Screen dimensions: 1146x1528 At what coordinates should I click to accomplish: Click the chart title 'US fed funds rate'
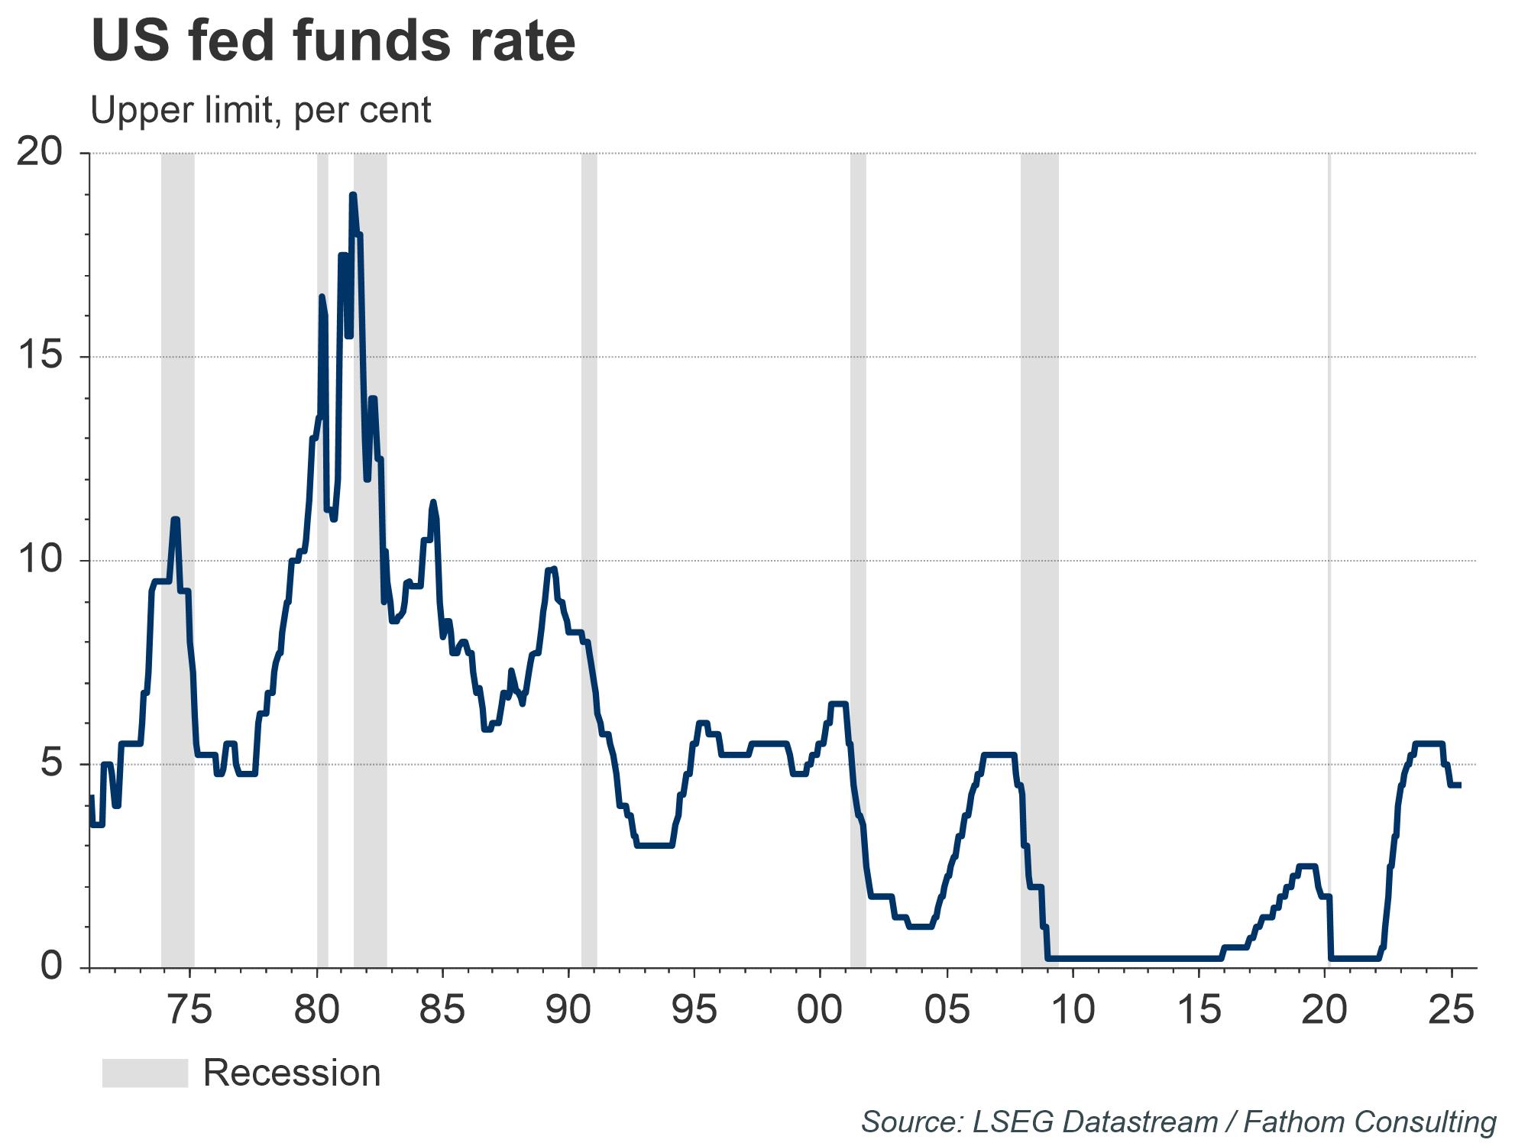click(x=333, y=41)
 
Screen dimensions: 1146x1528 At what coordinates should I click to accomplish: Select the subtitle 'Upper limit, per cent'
click(x=261, y=110)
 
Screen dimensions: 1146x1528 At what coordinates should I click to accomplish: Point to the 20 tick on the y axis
click(x=39, y=153)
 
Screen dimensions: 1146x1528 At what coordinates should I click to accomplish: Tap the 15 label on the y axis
click(x=39, y=357)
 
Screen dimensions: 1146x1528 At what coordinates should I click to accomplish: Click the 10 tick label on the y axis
click(x=39, y=560)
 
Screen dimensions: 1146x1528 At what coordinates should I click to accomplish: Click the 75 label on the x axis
click(x=189, y=1010)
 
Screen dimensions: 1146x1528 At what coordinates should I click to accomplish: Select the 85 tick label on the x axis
click(x=442, y=1010)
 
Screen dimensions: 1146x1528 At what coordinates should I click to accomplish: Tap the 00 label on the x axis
click(x=820, y=1010)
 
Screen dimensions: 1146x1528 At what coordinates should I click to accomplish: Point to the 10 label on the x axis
click(x=1073, y=1010)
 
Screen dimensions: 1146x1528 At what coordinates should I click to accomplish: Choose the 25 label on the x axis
click(x=1450, y=1010)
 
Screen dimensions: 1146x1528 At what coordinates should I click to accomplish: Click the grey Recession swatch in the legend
click(x=145, y=1073)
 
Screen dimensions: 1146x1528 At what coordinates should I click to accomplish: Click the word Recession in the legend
click(x=292, y=1073)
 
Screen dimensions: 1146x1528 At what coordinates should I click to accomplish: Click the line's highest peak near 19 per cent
click(x=352, y=196)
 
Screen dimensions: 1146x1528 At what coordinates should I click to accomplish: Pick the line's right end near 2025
click(x=1458, y=785)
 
